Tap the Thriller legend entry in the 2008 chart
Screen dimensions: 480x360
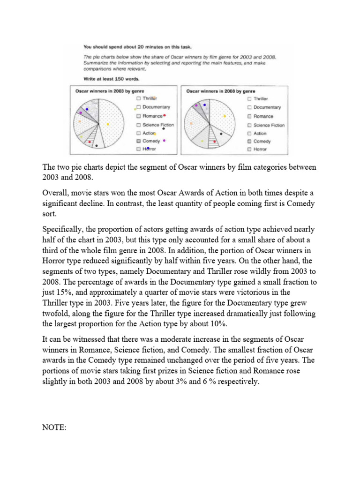pyautogui.click(x=260, y=99)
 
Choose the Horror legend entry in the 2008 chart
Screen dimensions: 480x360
pyautogui.click(x=260, y=150)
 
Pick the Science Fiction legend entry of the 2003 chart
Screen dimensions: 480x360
pyautogui.click(x=157, y=125)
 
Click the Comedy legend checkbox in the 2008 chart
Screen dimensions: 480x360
pyautogui.click(x=249, y=141)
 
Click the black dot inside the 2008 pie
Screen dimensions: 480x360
pyautogui.click(x=216, y=137)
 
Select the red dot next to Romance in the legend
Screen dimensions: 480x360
pyautogui.click(x=165, y=115)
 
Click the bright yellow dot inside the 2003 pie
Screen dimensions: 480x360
pyautogui.click(x=108, y=124)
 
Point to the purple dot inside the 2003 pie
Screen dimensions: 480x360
pyautogui.click(x=81, y=113)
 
